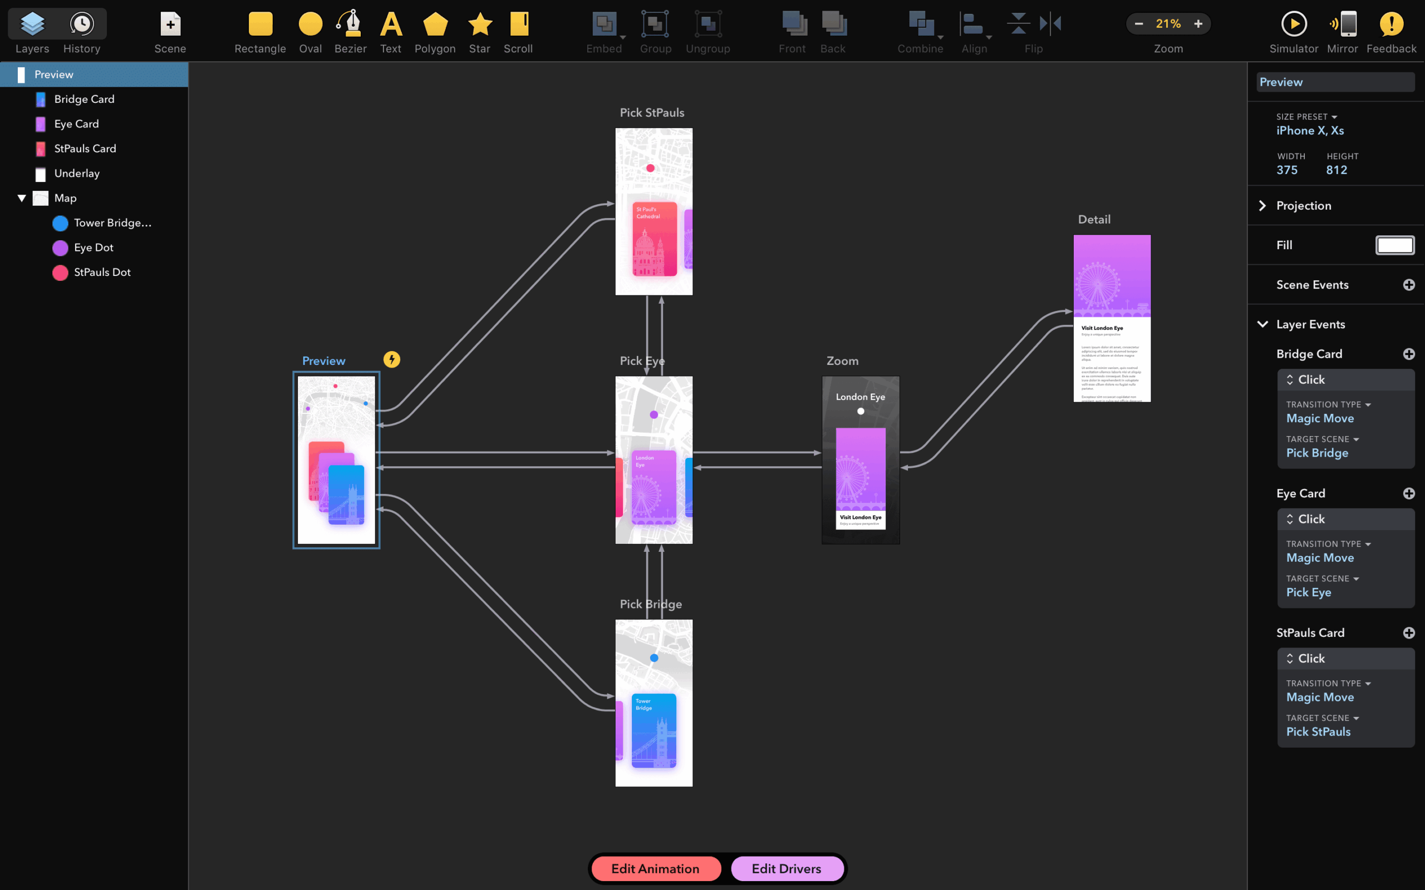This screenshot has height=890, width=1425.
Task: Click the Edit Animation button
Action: tap(655, 868)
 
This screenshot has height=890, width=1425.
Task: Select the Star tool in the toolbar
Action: tap(480, 24)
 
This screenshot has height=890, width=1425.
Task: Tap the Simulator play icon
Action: tap(1294, 24)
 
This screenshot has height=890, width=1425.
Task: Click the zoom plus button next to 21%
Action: tap(1198, 24)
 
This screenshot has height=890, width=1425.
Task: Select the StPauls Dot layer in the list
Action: tap(102, 273)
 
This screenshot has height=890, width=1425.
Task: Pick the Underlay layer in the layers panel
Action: tap(77, 174)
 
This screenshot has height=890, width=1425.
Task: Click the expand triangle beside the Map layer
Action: tap(22, 199)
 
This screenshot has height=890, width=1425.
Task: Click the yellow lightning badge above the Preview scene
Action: tap(391, 360)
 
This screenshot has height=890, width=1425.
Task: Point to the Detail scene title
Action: tap(1094, 220)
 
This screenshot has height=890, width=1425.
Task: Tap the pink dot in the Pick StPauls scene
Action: tap(650, 169)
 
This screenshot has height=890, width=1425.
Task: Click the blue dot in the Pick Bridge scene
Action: tap(653, 658)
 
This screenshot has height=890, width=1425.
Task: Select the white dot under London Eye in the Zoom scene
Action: tap(861, 412)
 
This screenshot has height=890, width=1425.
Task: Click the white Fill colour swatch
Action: tap(1394, 245)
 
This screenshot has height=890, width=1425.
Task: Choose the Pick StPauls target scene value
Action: tap(1318, 731)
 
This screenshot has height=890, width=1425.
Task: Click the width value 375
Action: tap(1286, 170)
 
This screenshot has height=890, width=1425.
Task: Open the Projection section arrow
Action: tap(1262, 205)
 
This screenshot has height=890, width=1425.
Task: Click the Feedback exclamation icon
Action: tap(1391, 24)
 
